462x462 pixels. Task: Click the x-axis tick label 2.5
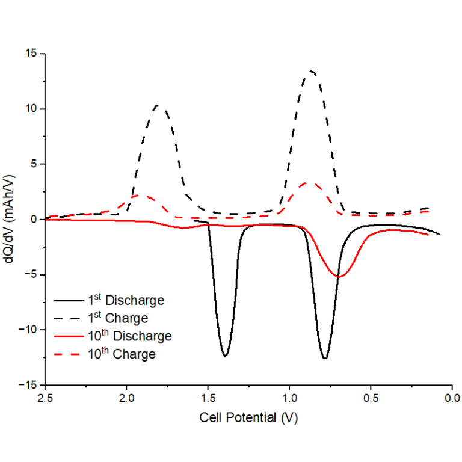click(x=45, y=398)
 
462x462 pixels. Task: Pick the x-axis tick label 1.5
click(x=208, y=398)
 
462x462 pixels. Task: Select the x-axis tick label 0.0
click(x=452, y=398)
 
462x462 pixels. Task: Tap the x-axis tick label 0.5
click(x=371, y=398)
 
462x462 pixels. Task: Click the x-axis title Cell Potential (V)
click(x=248, y=417)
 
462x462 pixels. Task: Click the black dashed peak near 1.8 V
click(x=158, y=106)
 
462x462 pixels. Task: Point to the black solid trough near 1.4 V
click(x=225, y=356)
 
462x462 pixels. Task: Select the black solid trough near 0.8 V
click(x=325, y=359)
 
